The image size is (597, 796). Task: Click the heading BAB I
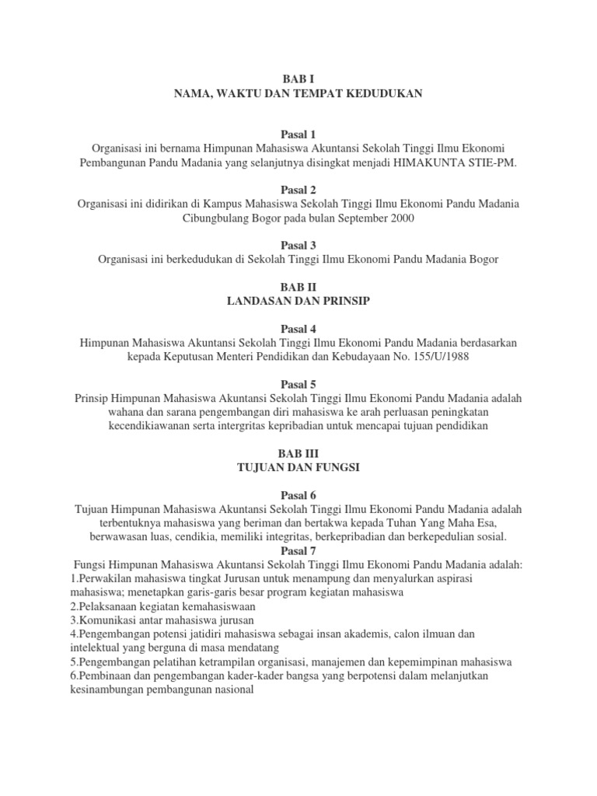click(x=298, y=79)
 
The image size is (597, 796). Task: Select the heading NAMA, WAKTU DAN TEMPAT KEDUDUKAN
click(x=298, y=93)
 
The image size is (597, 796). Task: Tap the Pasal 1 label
click(x=298, y=134)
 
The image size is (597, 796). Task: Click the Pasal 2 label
click(x=298, y=190)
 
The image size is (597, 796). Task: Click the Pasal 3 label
click(x=298, y=245)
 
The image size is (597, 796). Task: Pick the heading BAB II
click(x=298, y=287)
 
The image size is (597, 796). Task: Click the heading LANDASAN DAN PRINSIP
click(x=298, y=301)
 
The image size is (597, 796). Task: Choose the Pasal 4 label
click(x=298, y=328)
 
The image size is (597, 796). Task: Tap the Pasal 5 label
click(x=298, y=383)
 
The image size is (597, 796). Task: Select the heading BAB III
click(x=298, y=452)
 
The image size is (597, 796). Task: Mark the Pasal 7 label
click(x=298, y=550)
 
